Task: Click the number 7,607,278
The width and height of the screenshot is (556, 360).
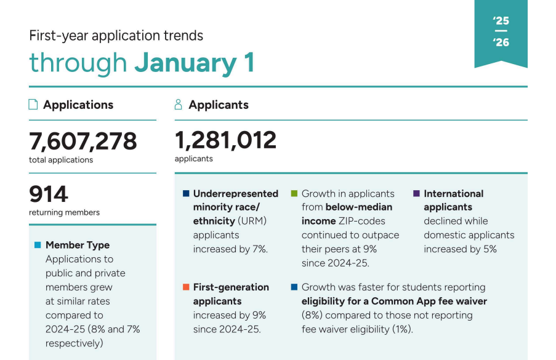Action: [x=83, y=142]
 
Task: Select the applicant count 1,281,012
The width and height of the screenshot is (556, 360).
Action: [x=225, y=140]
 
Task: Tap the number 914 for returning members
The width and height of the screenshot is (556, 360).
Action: [x=49, y=194]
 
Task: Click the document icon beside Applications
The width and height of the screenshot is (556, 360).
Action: [x=33, y=105]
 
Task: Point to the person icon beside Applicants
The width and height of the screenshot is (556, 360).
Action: [x=179, y=105]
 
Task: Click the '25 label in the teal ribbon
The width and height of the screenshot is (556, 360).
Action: [x=501, y=21]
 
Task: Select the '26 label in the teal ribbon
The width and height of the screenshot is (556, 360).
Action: [x=501, y=42]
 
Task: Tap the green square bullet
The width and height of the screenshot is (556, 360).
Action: [x=294, y=193]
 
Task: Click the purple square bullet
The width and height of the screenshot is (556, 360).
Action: [x=416, y=193]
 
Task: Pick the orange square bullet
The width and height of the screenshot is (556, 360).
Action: [x=185, y=287]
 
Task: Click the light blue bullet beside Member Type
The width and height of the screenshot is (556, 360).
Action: [x=38, y=245]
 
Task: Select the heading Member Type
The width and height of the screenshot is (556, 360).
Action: [x=78, y=245]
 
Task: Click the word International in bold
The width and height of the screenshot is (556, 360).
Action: [x=453, y=193]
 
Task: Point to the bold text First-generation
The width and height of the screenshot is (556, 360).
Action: [x=231, y=287]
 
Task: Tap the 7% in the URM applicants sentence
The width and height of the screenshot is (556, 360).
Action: [x=259, y=249]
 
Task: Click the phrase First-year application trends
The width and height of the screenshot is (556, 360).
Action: [x=116, y=36]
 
